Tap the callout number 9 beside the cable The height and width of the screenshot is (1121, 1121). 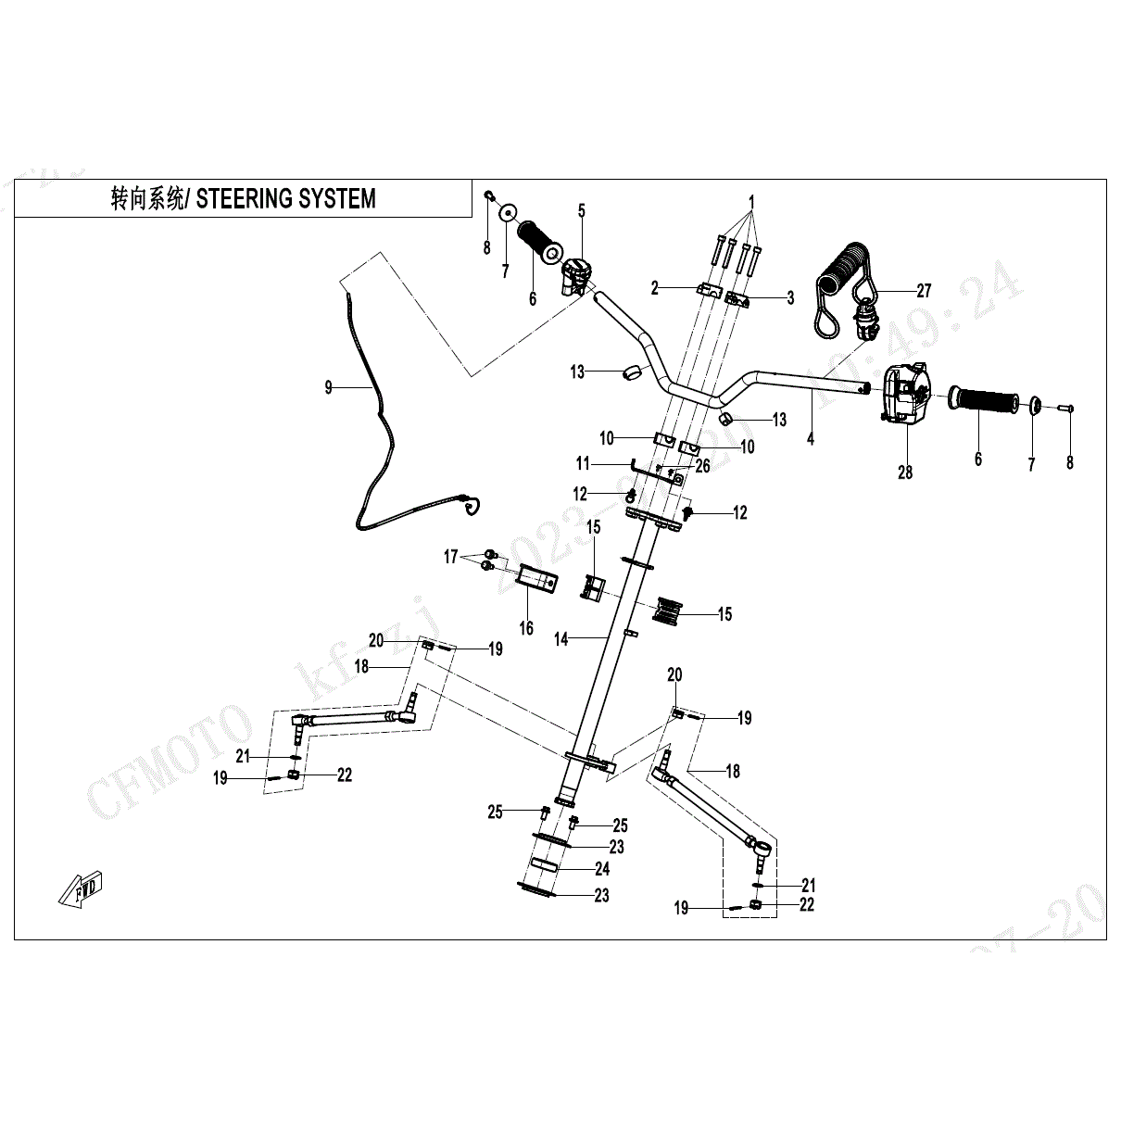pyautogui.click(x=328, y=388)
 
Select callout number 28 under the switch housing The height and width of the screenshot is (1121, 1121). pyautogui.click(x=905, y=472)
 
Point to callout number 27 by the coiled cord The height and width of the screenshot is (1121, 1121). pyautogui.click(x=924, y=291)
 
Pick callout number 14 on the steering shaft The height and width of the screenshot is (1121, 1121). pyautogui.click(x=561, y=639)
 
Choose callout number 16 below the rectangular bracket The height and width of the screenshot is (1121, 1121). pyautogui.click(x=526, y=628)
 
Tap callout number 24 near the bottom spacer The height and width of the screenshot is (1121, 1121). pyautogui.click(x=602, y=869)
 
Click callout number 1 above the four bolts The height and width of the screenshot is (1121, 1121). pyautogui.click(x=751, y=202)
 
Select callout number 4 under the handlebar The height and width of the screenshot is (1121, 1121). pyautogui.click(x=811, y=439)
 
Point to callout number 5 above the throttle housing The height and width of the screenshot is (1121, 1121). pyautogui.click(x=582, y=211)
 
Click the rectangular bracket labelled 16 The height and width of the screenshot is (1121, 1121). pyautogui.click(x=538, y=580)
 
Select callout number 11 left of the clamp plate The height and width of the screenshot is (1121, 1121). pyautogui.click(x=583, y=463)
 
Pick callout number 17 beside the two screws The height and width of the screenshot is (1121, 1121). pyautogui.click(x=451, y=557)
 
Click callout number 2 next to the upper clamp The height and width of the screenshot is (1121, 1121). pyautogui.click(x=655, y=288)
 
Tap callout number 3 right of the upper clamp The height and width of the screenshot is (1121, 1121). pyautogui.click(x=790, y=297)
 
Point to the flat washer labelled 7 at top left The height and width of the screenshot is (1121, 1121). pyautogui.click(x=508, y=214)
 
